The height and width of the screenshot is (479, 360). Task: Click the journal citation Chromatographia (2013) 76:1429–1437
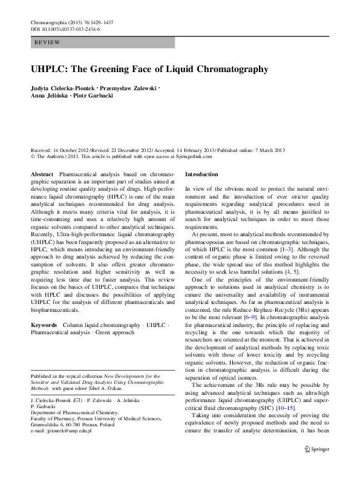pos(71,22)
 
